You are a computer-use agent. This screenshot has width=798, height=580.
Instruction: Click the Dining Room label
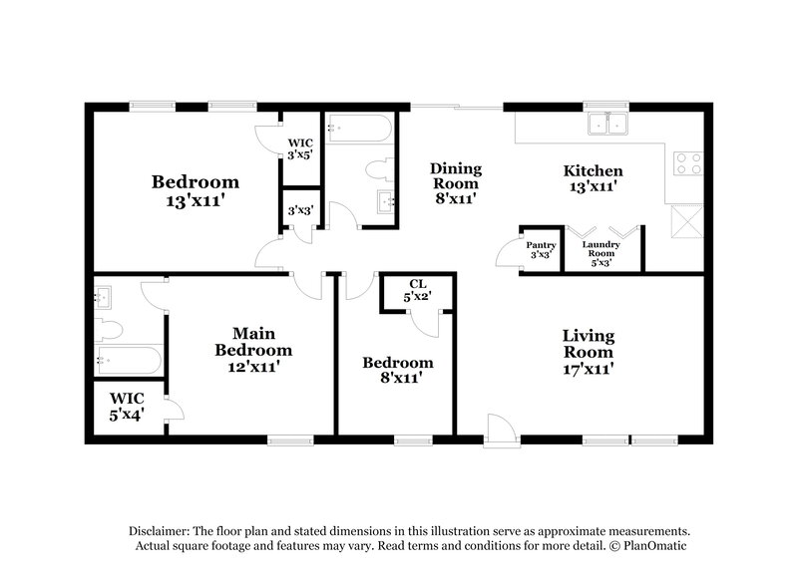point(455,183)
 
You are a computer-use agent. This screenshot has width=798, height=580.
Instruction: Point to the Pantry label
point(542,249)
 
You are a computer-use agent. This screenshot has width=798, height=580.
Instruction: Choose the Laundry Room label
point(602,253)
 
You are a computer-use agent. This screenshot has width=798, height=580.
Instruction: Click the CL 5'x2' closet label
point(418,290)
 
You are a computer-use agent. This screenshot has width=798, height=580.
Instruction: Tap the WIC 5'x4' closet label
point(128,406)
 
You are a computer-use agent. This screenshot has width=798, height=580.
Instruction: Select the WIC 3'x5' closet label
point(300,149)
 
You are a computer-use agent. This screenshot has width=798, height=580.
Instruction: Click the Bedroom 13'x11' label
point(195,190)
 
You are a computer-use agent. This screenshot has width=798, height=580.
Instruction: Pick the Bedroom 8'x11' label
point(397,370)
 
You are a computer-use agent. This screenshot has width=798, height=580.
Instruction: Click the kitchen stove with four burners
point(688,162)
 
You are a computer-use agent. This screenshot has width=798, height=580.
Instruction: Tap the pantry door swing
point(510,254)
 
